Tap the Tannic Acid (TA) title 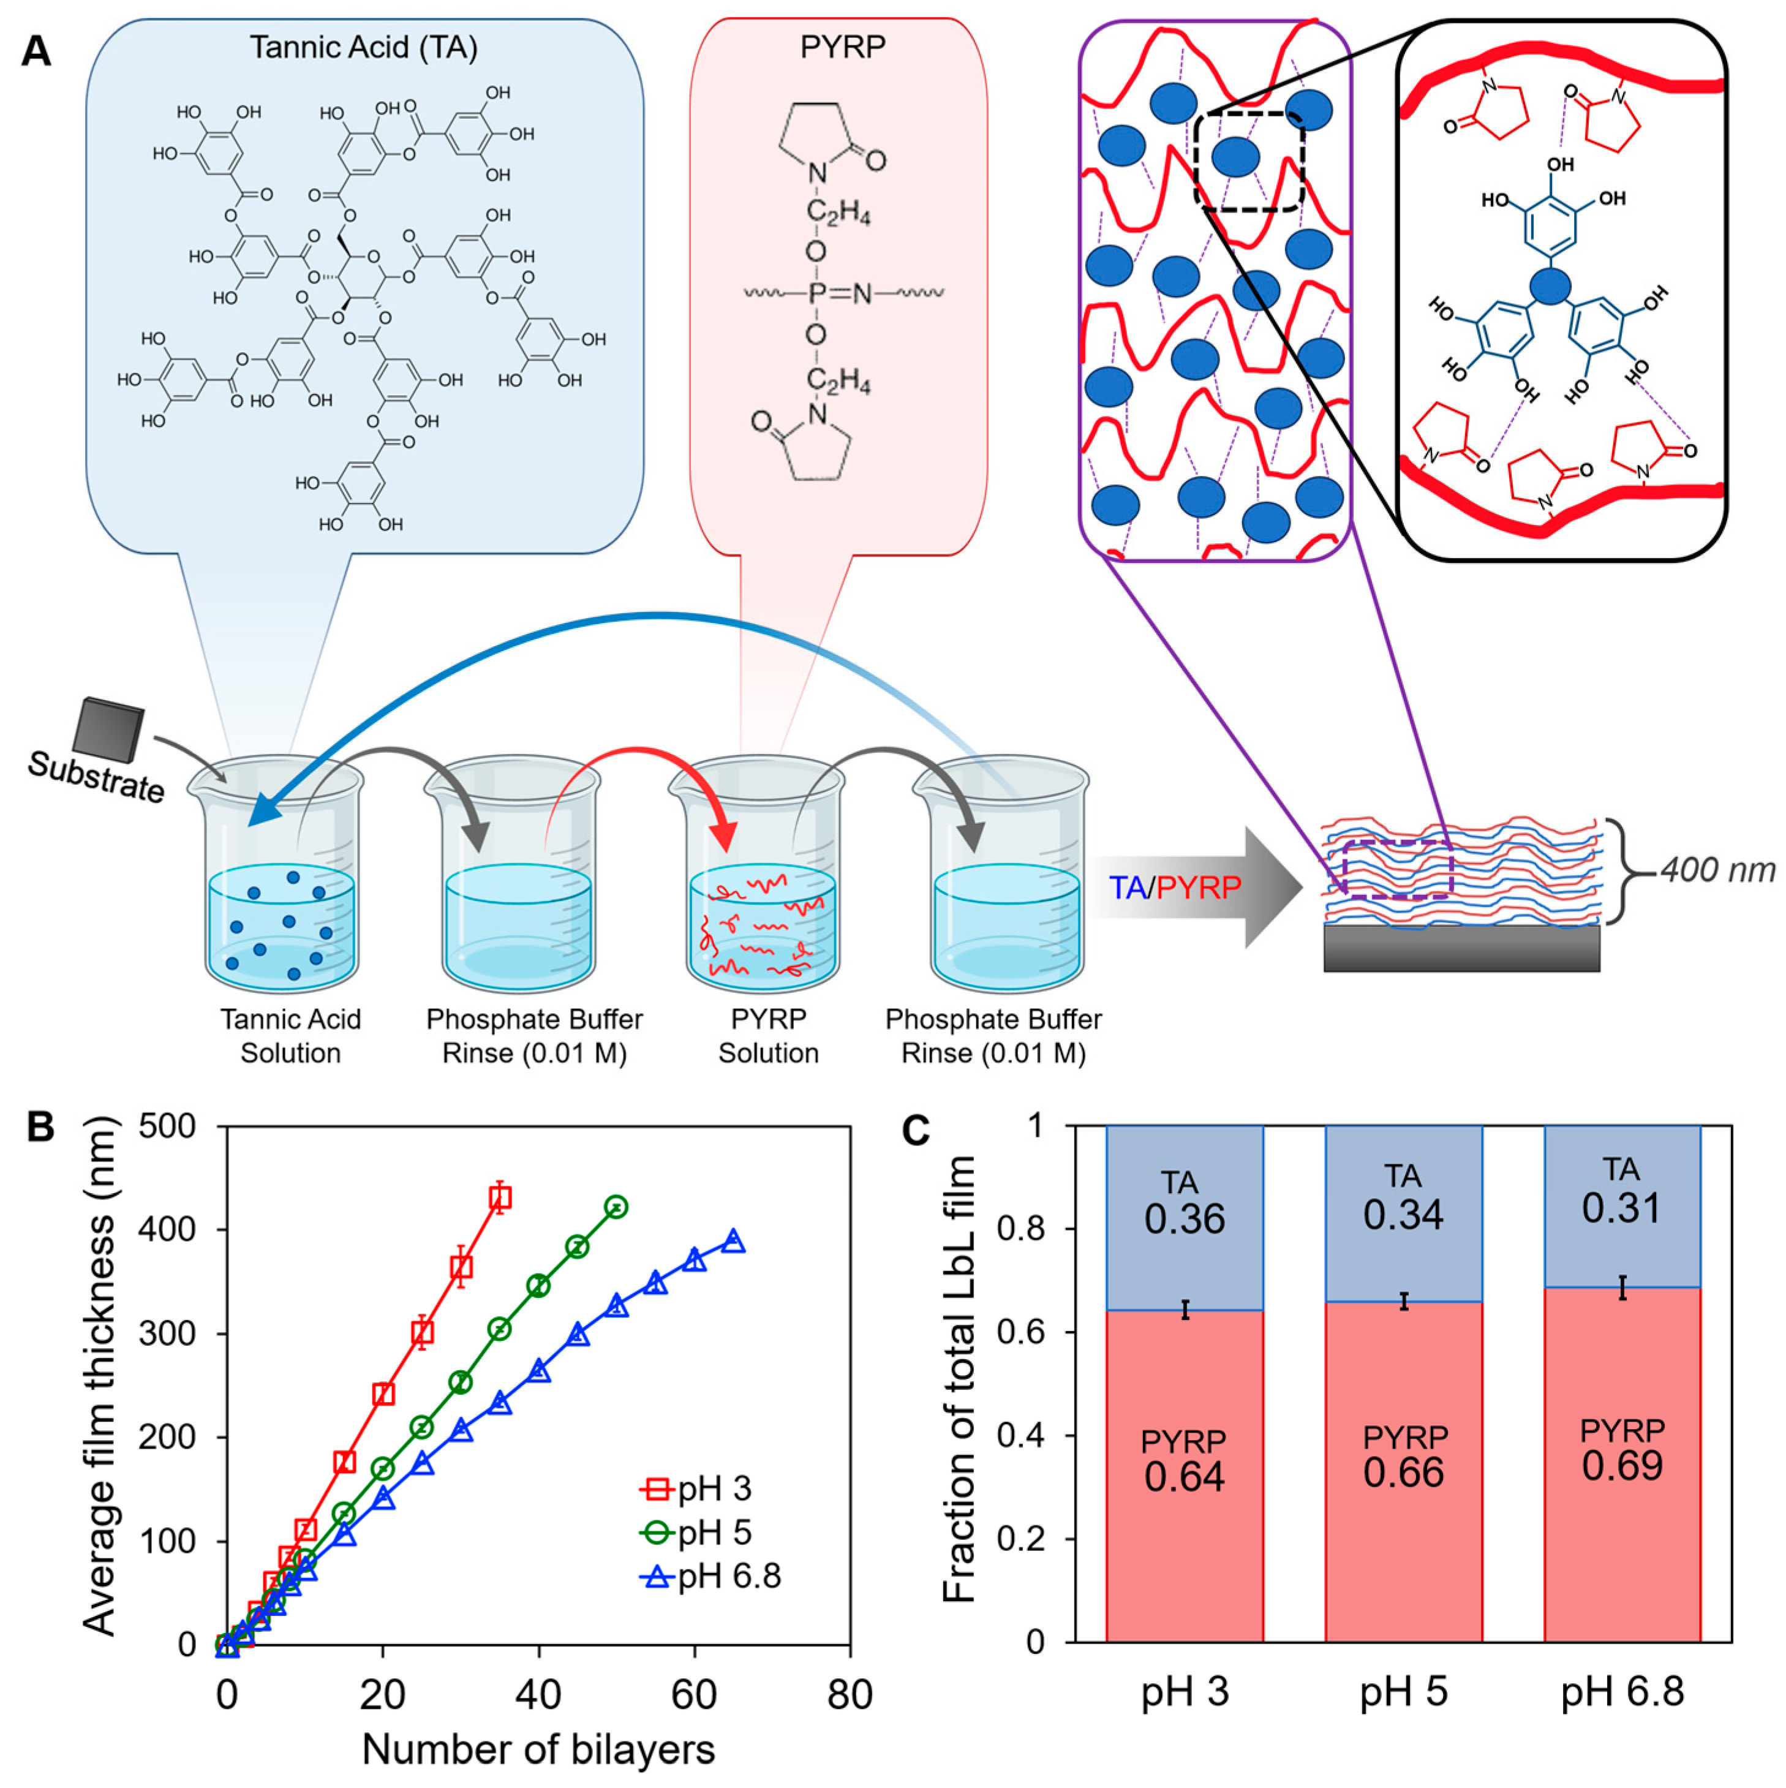click(364, 47)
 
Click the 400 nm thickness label click(1717, 870)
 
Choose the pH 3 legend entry click(696, 1489)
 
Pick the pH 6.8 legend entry click(710, 1576)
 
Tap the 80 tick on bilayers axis click(850, 1694)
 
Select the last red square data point click(500, 1199)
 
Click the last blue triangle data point click(733, 1241)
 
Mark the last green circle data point click(616, 1207)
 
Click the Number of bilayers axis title click(538, 1749)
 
